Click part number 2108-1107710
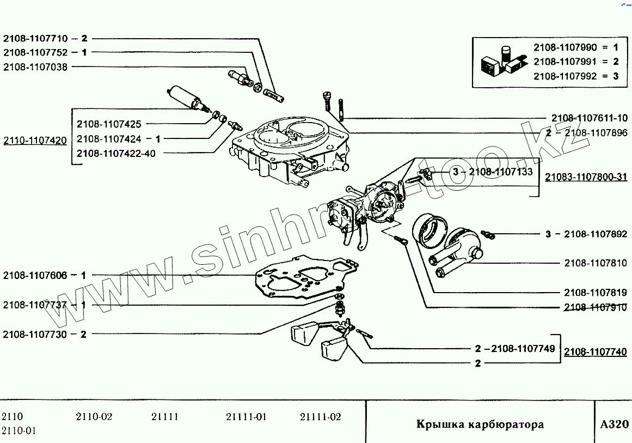[35, 39]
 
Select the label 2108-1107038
[35, 67]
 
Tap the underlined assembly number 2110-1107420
[35, 141]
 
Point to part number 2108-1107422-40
[116, 154]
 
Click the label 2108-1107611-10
[589, 118]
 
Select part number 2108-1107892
[596, 234]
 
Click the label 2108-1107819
[596, 293]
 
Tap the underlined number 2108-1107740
[596, 352]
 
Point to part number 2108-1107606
[35, 276]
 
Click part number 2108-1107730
[35, 335]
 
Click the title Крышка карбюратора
[480, 424]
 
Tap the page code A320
[614, 424]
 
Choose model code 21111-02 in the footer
[321, 417]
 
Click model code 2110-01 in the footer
[19, 431]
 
